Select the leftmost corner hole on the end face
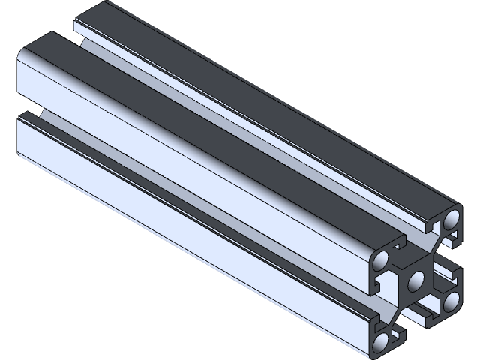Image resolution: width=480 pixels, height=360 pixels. pyautogui.click(x=381, y=260)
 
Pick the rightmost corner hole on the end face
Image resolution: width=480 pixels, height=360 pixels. pyautogui.click(x=451, y=301)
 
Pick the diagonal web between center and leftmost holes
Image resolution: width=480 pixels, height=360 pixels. pyautogui.click(x=398, y=271)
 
